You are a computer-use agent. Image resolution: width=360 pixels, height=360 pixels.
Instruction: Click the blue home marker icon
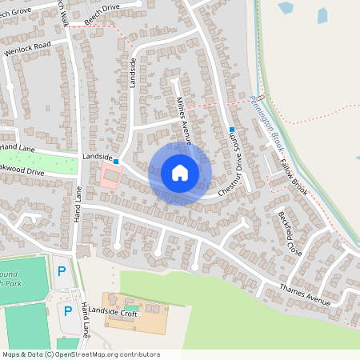[180, 173]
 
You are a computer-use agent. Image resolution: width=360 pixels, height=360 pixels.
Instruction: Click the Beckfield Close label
[290, 233]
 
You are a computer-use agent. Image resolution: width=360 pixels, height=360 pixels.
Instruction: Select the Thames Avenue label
[305, 295]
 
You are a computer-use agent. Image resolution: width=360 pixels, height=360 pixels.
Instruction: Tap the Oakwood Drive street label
[22, 171]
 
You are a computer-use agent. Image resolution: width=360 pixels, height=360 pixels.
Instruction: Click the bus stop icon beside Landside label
[116, 161]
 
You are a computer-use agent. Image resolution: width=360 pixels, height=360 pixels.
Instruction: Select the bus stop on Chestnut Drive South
[232, 130]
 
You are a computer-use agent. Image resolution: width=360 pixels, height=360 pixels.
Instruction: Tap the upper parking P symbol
[62, 271]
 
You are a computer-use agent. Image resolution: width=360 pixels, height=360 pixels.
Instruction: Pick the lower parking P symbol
[68, 310]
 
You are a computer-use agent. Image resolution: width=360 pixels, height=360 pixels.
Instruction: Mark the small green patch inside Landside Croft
[130, 308]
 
